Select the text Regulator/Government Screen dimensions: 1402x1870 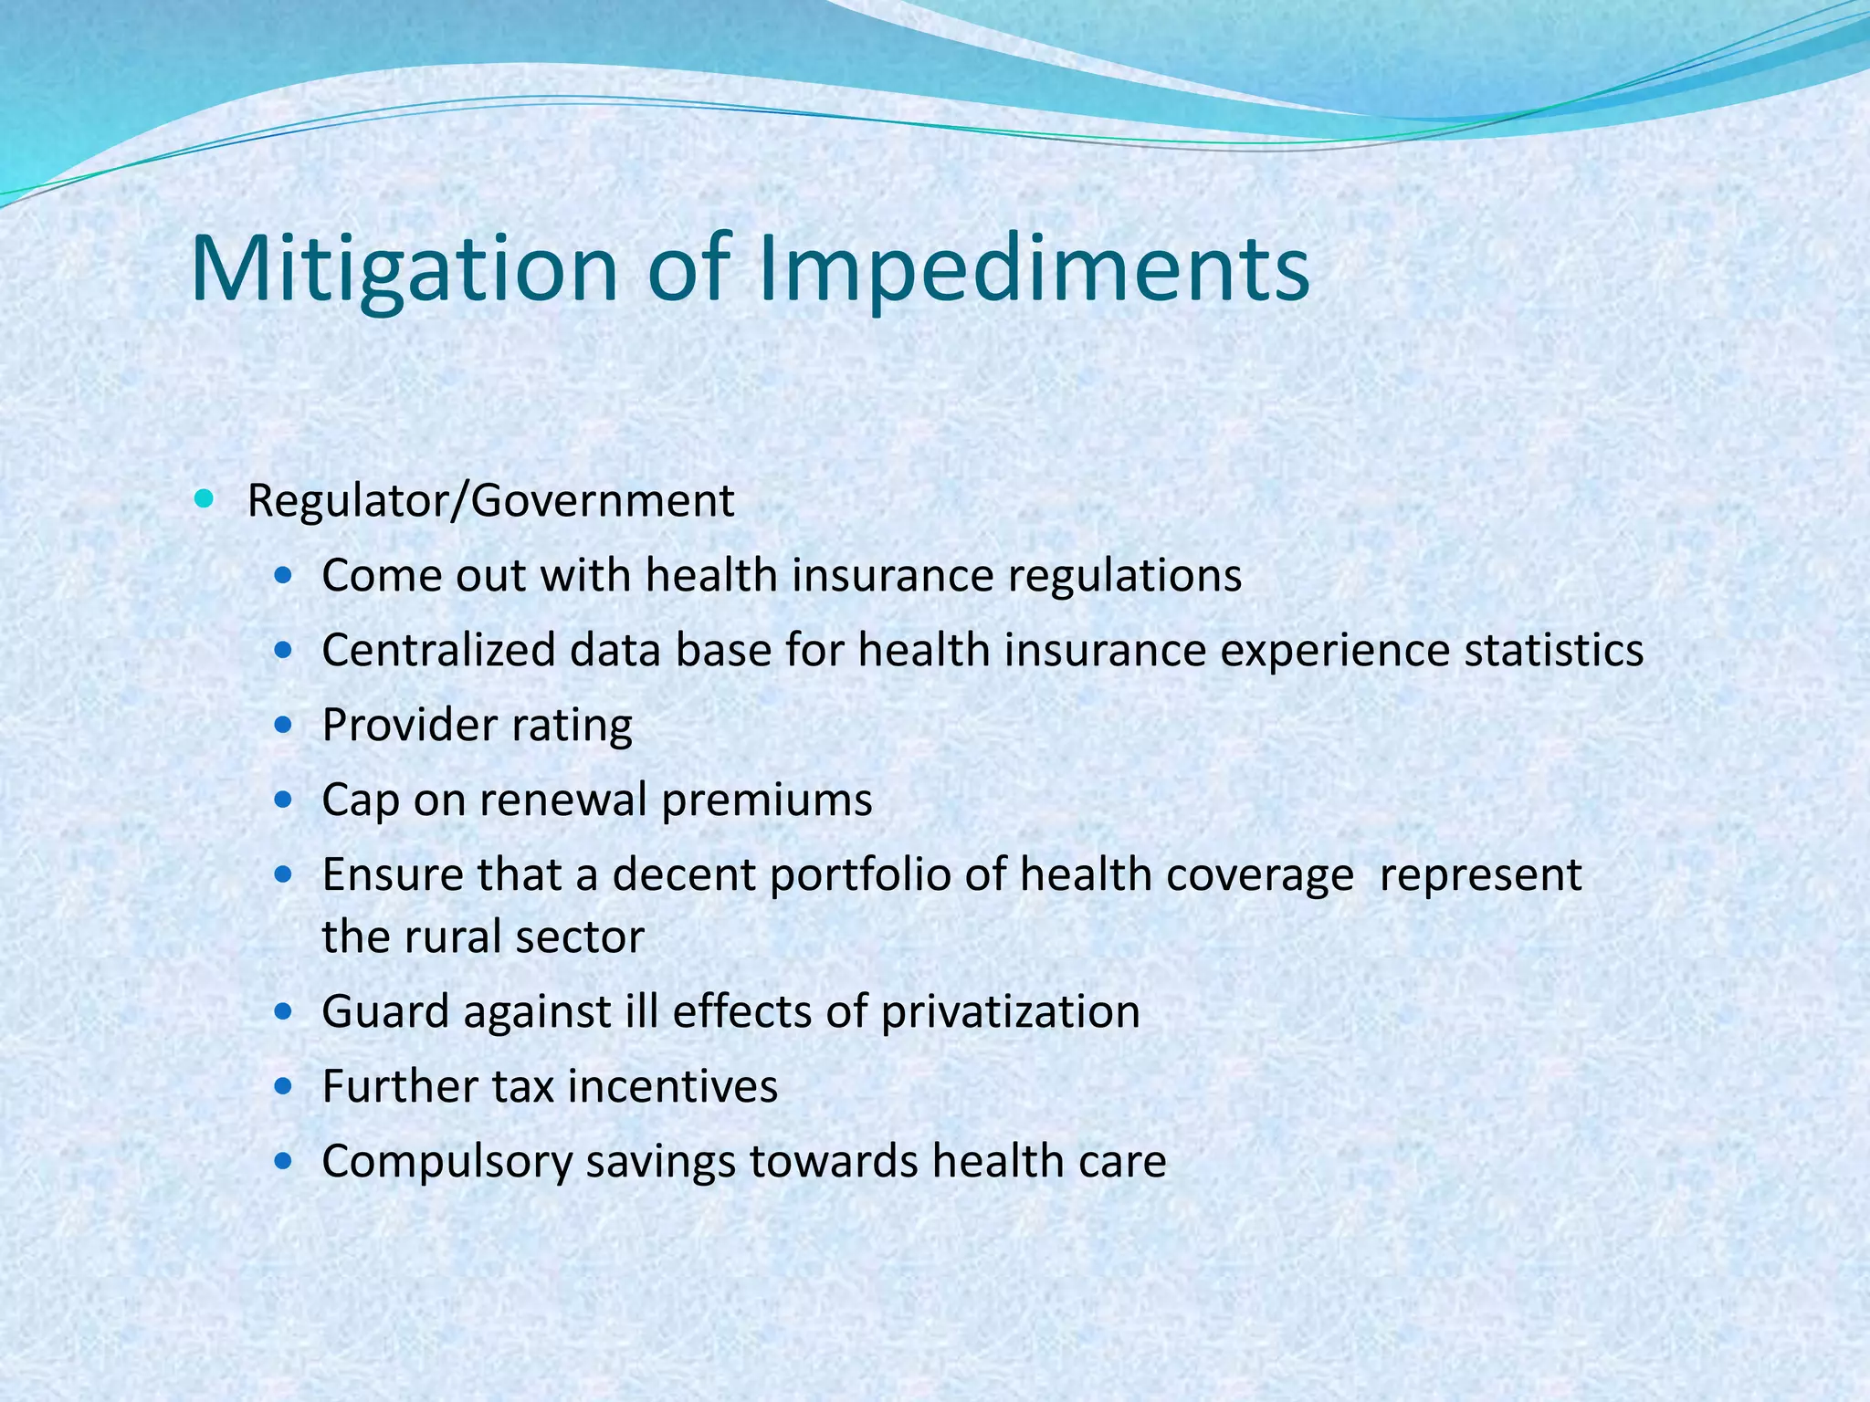490,501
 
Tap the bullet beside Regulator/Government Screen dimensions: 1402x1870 204,499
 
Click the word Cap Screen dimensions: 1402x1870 360,800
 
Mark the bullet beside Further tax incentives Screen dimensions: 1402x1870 284,1087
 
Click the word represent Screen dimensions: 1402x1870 1480,875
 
